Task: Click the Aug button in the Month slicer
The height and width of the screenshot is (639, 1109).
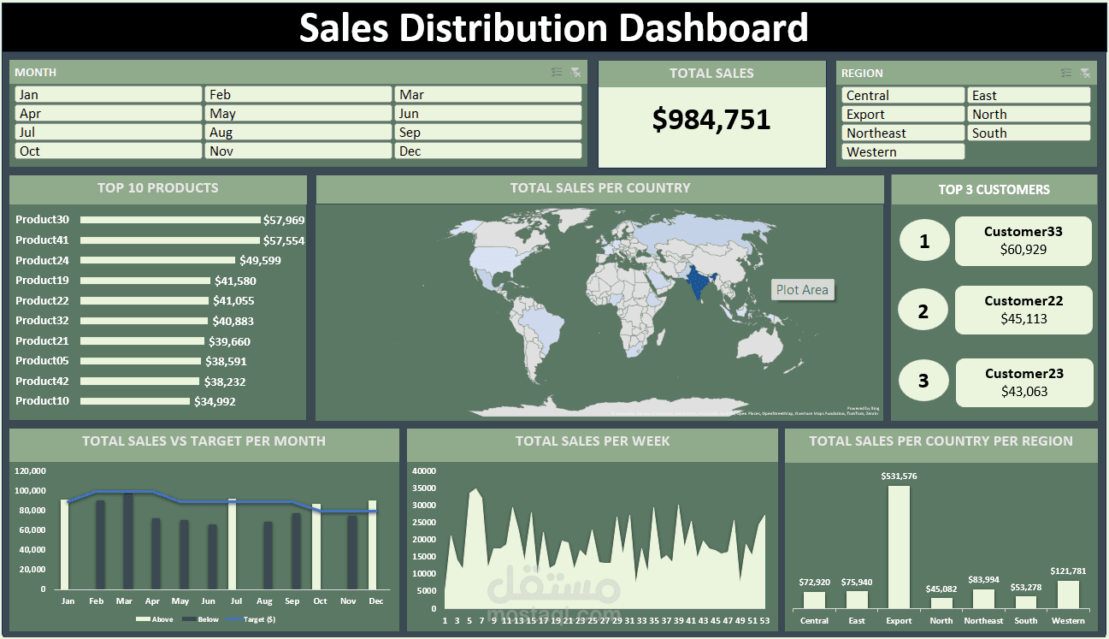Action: click(x=298, y=133)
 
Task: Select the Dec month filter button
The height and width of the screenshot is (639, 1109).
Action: click(x=487, y=151)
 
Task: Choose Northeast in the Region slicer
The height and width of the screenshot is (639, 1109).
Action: click(x=903, y=133)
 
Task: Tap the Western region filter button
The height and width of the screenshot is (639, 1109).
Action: click(x=903, y=152)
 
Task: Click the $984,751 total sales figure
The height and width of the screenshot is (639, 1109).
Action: click(x=711, y=120)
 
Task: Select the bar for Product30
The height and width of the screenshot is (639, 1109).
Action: click(x=171, y=220)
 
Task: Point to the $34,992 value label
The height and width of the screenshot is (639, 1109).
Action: click(x=215, y=401)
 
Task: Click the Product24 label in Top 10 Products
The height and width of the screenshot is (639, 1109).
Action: click(x=42, y=260)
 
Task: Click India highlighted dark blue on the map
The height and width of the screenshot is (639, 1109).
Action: click(x=700, y=283)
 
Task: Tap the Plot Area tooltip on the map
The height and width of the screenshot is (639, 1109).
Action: click(x=802, y=290)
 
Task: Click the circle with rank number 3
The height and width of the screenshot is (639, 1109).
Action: click(x=923, y=381)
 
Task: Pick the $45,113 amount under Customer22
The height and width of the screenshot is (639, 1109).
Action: click(x=1023, y=319)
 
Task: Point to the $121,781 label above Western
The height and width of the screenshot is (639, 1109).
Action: click(x=1068, y=571)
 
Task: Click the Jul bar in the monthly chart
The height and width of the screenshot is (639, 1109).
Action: click(x=232, y=544)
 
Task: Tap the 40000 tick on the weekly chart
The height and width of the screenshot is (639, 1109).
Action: click(x=424, y=470)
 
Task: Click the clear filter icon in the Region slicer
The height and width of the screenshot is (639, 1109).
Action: click(x=1085, y=74)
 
